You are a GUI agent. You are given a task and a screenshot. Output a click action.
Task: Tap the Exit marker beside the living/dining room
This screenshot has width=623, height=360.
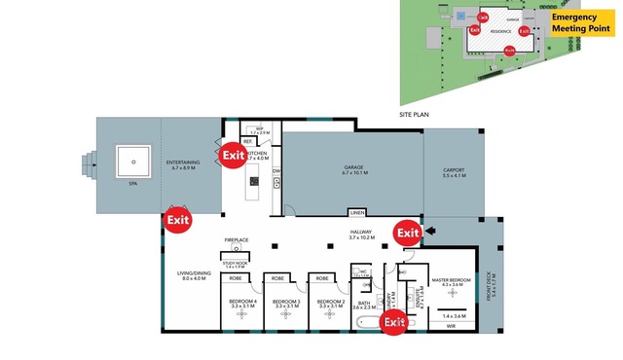point(177,220)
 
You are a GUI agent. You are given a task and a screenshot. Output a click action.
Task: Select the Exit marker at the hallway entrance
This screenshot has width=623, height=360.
point(407,233)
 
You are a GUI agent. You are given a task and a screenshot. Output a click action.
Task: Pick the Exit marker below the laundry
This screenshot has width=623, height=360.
point(393,322)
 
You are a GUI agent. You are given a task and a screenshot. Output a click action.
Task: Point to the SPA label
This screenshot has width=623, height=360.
point(133,182)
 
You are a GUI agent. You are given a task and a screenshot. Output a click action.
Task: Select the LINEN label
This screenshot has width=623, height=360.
point(358,212)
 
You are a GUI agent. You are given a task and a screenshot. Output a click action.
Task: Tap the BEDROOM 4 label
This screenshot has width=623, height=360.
point(242,303)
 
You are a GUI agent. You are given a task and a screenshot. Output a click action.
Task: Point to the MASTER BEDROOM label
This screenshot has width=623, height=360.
point(452,280)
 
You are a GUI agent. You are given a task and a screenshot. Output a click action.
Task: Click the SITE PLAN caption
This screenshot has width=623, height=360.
point(415,114)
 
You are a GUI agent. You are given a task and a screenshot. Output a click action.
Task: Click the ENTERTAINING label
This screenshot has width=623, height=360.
point(183,163)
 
